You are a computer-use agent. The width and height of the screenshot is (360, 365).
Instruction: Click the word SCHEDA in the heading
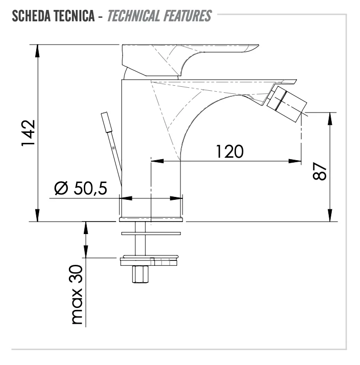(30, 16)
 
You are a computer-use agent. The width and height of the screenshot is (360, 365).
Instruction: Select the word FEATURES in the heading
(187, 16)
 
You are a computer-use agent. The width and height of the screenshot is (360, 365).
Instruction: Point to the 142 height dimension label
(28, 133)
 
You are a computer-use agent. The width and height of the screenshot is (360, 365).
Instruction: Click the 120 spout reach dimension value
(230, 152)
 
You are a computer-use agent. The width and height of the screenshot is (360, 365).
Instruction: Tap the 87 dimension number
(320, 171)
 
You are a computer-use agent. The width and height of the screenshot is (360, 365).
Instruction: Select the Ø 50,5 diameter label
(81, 188)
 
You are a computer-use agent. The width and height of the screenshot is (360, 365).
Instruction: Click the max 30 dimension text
(77, 295)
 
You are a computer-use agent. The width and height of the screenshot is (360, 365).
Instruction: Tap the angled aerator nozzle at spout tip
(287, 104)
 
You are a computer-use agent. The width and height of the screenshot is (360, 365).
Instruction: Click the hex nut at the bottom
(140, 274)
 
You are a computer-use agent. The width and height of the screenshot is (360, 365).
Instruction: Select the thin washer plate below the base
(151, 234)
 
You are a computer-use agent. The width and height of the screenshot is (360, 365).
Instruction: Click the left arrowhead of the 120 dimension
(157, 161)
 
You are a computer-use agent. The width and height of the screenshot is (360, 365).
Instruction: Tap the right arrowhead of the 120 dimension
(295, 161)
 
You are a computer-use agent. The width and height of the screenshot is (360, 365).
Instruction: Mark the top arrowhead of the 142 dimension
(37, 51)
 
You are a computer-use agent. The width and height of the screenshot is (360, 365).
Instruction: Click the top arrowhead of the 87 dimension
(330, 119)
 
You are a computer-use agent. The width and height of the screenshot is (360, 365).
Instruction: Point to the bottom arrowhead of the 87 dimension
(330, 215)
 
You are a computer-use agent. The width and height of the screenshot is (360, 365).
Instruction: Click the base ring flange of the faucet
(151, 219)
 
